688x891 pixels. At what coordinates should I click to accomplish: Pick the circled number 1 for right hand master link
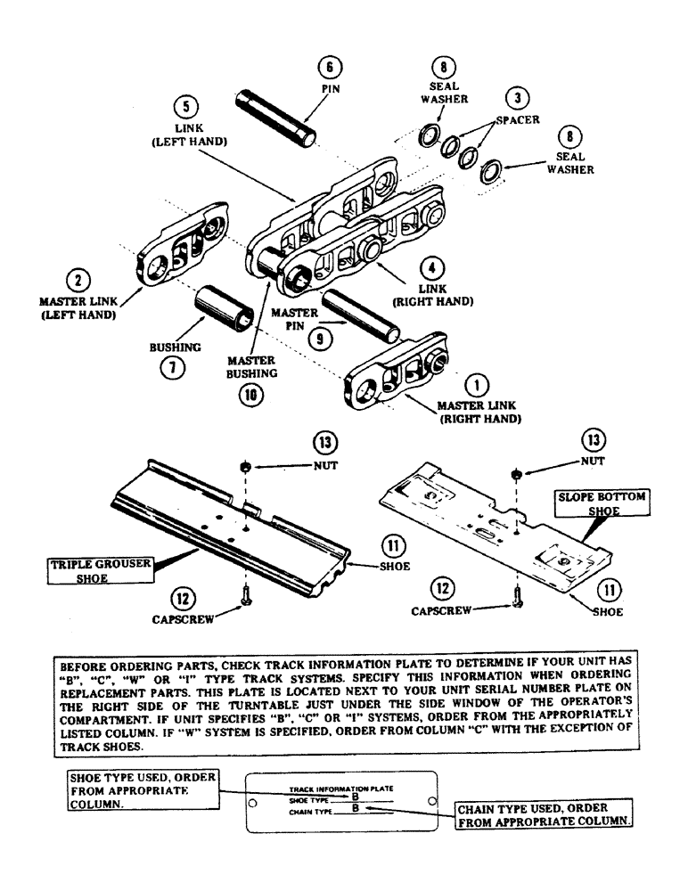click(x=478, y=385)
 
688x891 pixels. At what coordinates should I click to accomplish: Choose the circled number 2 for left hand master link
click(x=78, y=281)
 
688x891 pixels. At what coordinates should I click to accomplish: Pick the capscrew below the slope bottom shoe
click(x=517, y=602)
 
